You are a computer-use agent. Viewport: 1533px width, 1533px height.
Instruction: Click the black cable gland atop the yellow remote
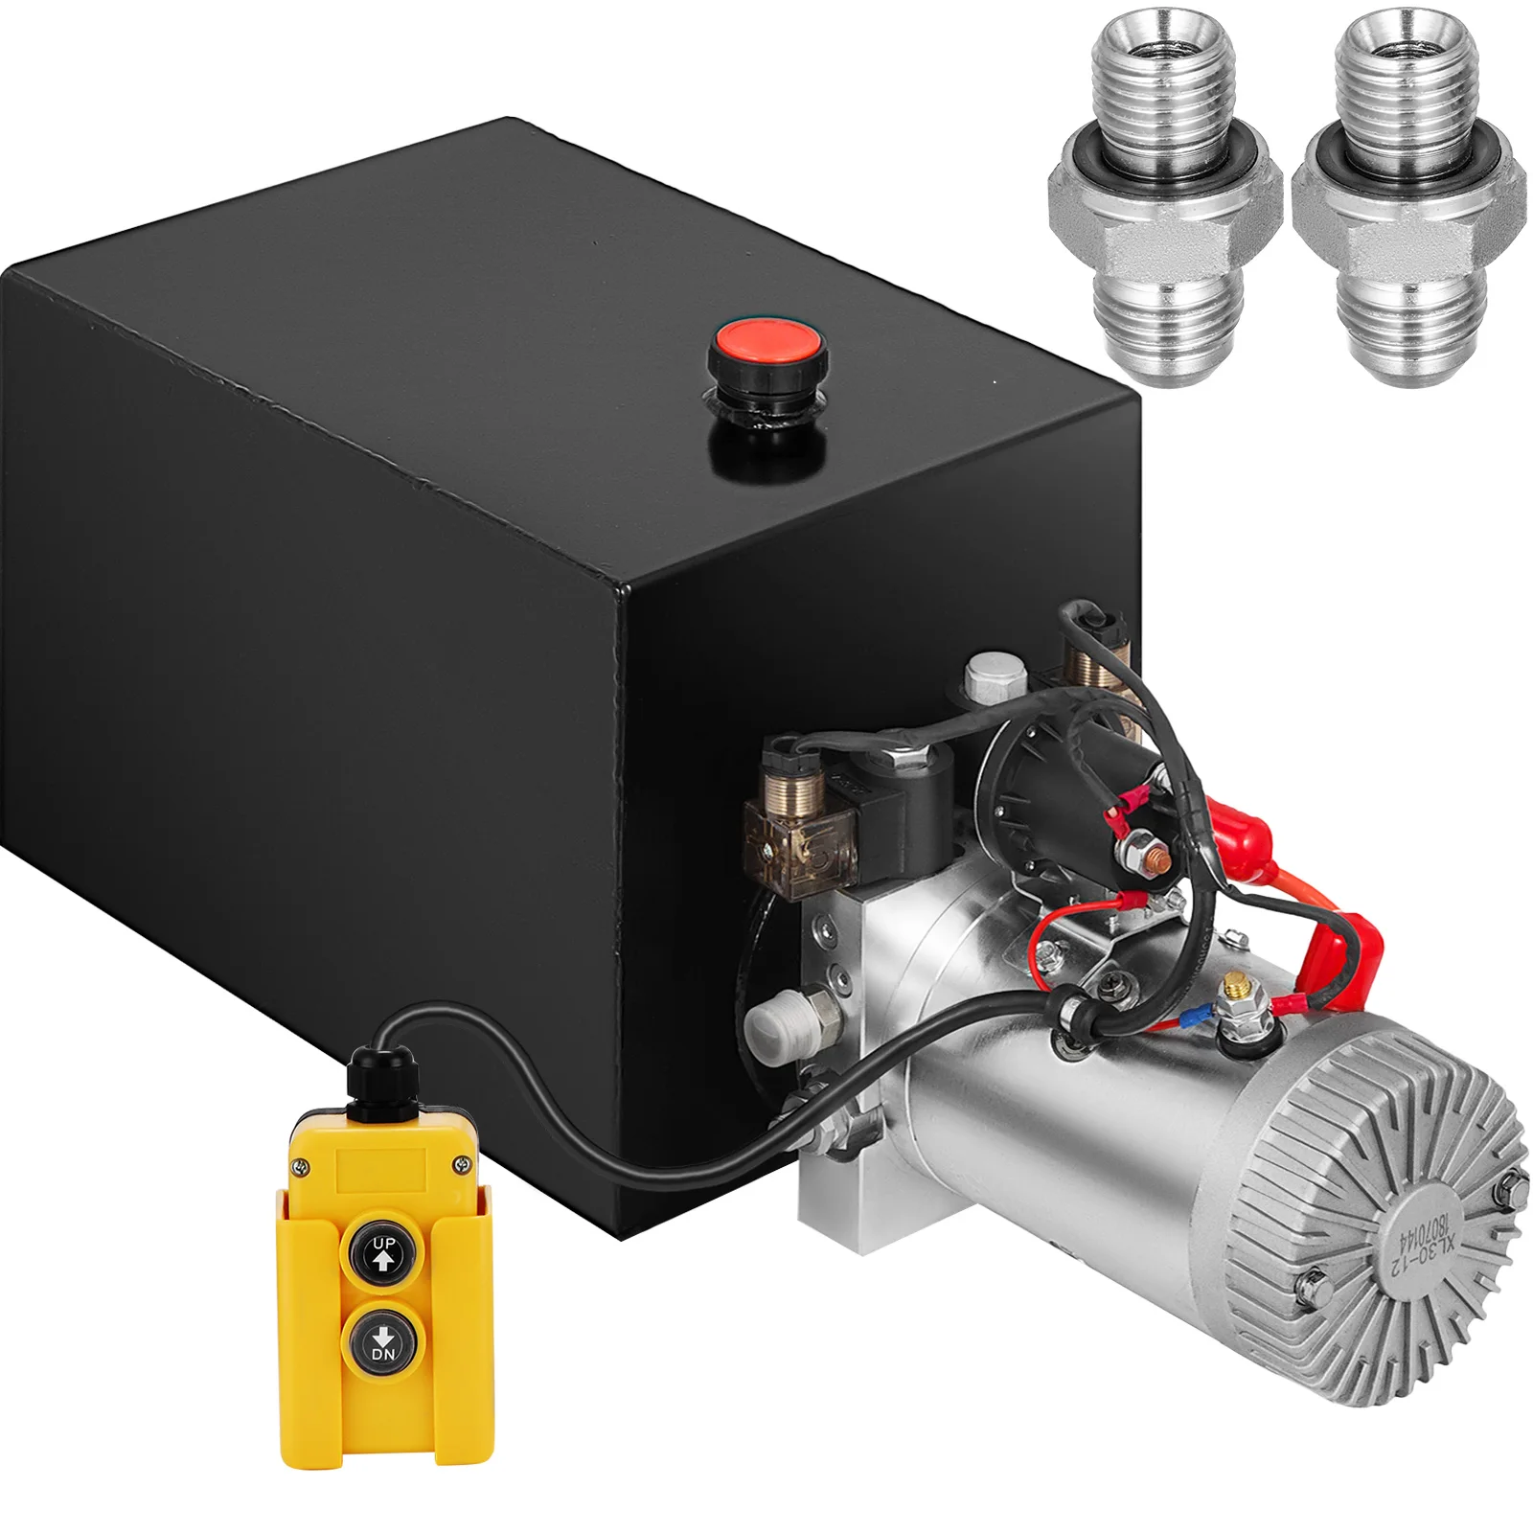pyautogui.click(x=371, y=1076)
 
